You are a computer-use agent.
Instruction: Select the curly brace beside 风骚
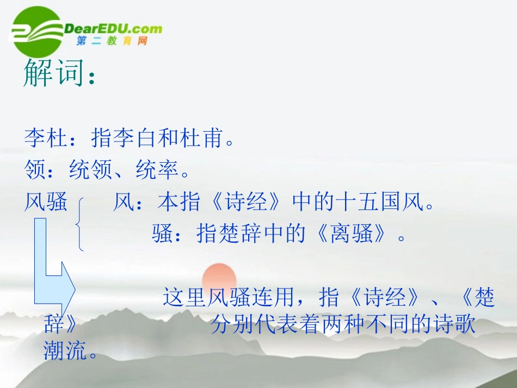pos(82,224)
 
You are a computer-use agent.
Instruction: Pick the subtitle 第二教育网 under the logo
pos(112,41)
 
